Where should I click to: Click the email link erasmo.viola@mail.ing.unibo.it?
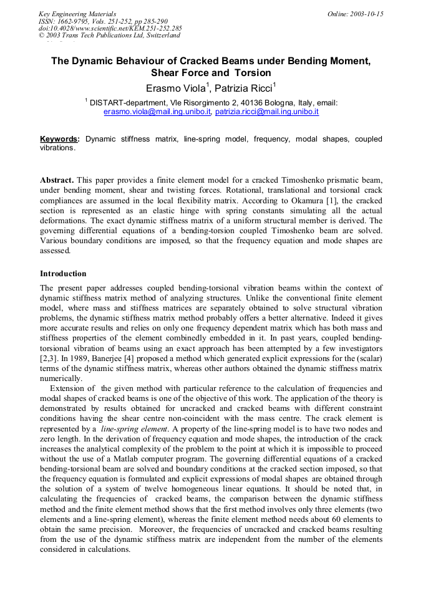click(x=157, y=112)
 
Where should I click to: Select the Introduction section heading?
click(x=63, y=274)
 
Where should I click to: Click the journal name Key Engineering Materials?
click(x=77, y=14)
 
